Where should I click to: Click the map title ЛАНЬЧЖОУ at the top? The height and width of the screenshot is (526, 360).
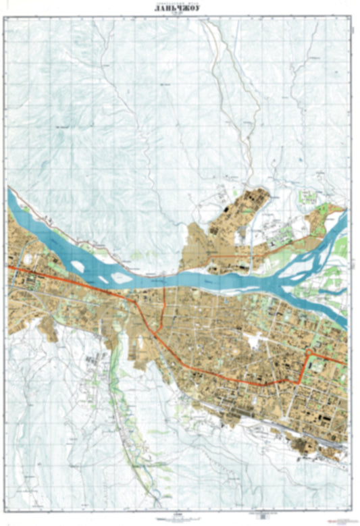(179, 9)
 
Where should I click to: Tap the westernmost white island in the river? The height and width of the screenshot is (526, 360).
(78, 266)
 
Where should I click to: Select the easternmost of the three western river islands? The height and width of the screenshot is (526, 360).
(122, 277)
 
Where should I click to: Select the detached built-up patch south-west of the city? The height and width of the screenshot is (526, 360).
(95, 365)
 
